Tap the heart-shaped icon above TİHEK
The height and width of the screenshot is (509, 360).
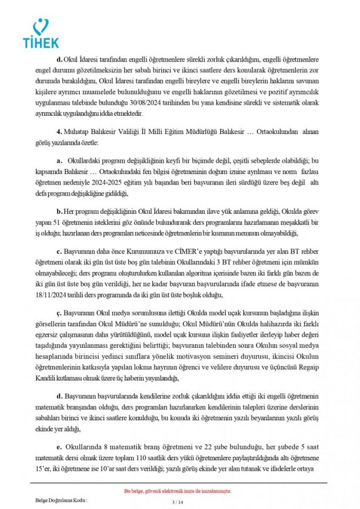[x=43, y=26]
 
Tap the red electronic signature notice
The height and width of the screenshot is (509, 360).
[x=178, y=491]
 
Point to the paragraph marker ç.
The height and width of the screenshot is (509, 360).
[x=58, y=314]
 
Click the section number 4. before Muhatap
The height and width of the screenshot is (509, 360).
[x=59, y=132]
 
